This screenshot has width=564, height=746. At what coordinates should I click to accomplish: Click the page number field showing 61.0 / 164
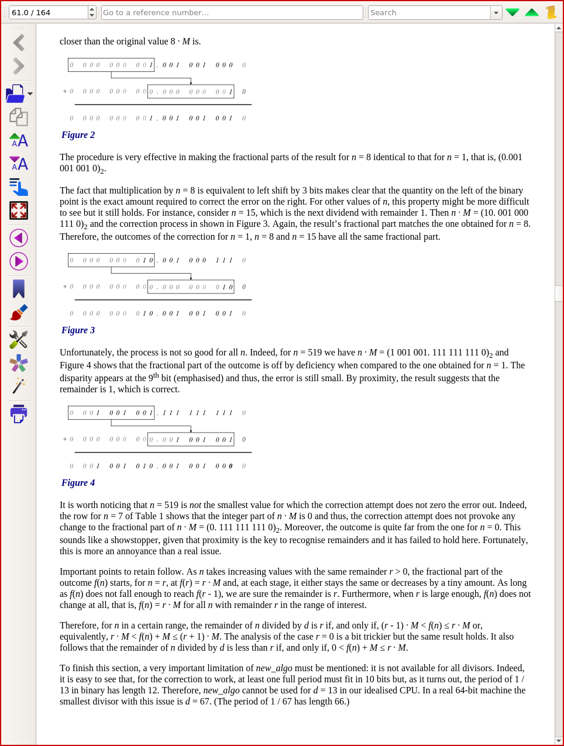click(x=48, y=12)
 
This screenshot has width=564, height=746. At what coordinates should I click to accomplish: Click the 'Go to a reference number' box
click(x=232, y=12)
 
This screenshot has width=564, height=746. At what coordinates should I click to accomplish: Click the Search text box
click(x=429, y=12)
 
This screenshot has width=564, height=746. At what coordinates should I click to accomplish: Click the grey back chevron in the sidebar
click(x=19, y=43)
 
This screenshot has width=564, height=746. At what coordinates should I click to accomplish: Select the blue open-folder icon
click(x=16, y=94)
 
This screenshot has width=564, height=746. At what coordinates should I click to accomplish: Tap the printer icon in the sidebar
click(x=19, y=413)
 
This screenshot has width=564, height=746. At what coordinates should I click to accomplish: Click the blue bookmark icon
click(x=19, y=288)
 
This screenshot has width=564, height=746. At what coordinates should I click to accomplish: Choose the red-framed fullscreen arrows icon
click(x=19, y=210)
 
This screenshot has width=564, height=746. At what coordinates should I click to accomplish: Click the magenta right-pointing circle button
click(x=19, y=261)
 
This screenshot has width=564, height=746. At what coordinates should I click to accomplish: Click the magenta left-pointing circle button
click(x=19, y=238)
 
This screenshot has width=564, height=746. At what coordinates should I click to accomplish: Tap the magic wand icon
click(x=19, y=385)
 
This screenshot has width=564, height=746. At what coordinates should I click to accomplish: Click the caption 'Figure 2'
click(x=78, y=135)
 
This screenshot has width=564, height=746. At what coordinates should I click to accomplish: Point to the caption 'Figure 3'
click(x=78, y=330)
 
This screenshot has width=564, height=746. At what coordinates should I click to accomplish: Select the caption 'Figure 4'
click(x=78, y=483)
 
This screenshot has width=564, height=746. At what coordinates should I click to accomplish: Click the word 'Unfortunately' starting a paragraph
click(x=86, y=353)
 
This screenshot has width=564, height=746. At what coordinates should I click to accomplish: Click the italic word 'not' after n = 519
click(x=195, y=505)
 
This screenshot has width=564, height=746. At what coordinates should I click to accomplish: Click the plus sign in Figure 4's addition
click(x=64, y=439)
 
